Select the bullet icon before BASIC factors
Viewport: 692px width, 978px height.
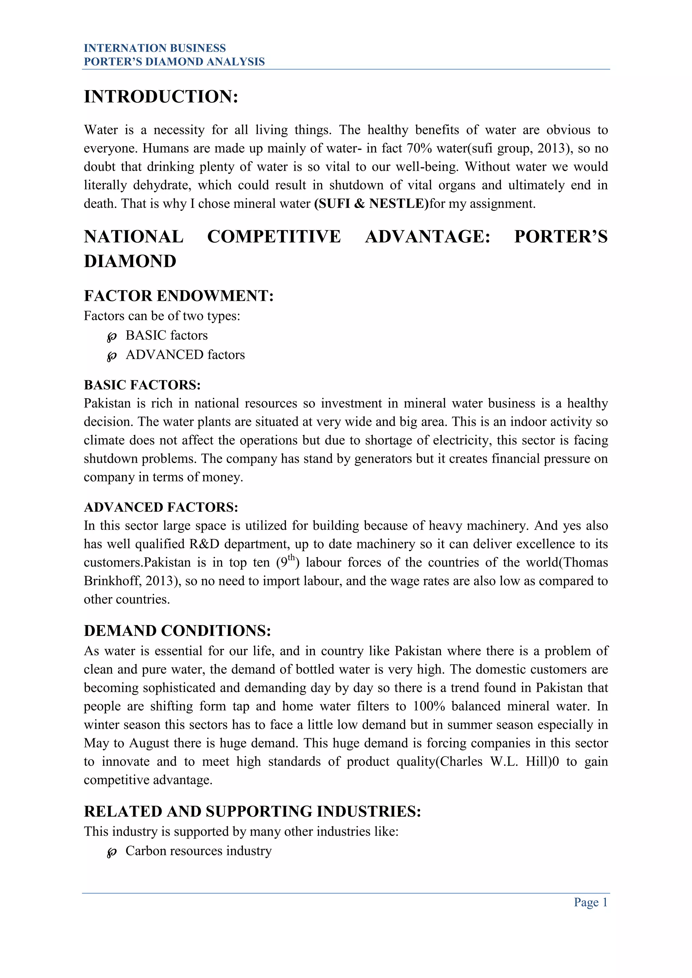(112, 337)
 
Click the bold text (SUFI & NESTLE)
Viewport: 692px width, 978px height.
(371, 204)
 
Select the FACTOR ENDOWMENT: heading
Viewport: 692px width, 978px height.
(178, 295)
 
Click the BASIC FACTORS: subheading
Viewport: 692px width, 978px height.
(142, 385)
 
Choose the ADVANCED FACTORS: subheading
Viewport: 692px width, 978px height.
(160, 507)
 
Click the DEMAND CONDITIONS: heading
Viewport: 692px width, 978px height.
(177, 630)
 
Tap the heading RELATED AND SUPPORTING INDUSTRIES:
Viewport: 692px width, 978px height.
(252, 811)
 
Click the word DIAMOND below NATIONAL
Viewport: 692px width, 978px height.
(130, 261)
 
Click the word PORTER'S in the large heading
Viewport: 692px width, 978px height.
(561, 237)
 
